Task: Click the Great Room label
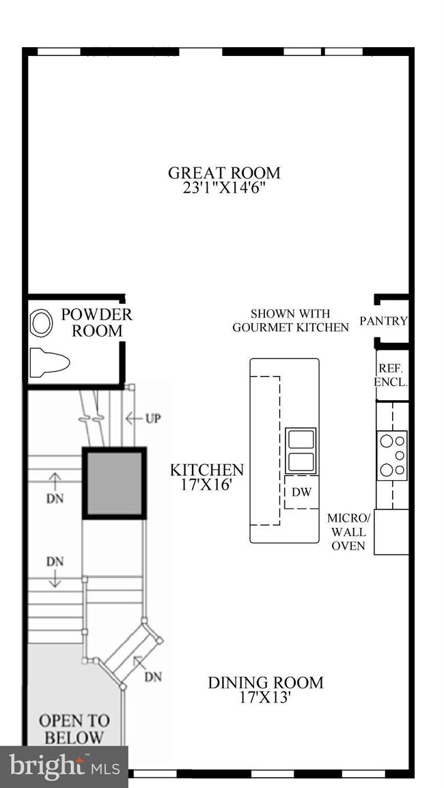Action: [x=224, y=173]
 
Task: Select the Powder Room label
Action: [x=96, y=323]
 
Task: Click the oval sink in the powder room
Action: [x=41, y=323]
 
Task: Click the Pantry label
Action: [x=384, y=321]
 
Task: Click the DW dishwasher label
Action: [x=301, y=492]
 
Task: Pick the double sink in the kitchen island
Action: [x=301, y=450]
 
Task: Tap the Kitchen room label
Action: [x=206, y=470]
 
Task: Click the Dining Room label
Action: [x=265, y=682]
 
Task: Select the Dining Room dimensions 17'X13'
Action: [x=265, y=698]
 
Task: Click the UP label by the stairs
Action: [x=152, y=418]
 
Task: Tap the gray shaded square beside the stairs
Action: [x=115, y=483]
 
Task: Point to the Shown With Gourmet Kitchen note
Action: [x=290, y=320]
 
